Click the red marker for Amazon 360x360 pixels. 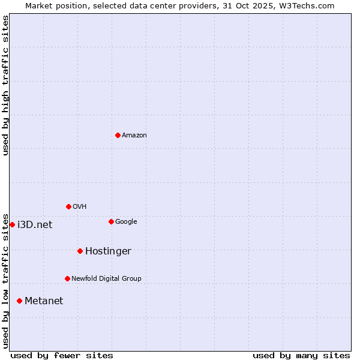[x=118, y=135]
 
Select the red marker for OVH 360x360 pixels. [x=68, y=206]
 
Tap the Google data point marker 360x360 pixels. [x=111, y=221]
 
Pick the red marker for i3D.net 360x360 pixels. [x=12, y=224]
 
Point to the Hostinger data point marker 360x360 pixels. [x=80, y=251]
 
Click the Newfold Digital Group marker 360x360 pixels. [x=67, y=278]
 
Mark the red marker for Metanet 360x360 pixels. [x=19, y=301]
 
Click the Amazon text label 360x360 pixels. [x=134, y=136]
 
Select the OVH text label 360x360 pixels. [x=80, y=207]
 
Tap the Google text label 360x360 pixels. [x=126, y=222]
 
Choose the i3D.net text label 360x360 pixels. [x=35, y=225]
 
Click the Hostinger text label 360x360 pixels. [x=108, y=251]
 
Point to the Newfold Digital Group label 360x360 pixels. [x=106, y=279]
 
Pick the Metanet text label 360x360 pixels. [x=44, y=301]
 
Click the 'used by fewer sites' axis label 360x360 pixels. [x=62, y=355]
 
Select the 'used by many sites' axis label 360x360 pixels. [x=301, y=355]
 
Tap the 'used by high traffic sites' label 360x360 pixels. [x=6, y=85]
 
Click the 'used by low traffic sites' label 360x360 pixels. [x=6, y=280]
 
